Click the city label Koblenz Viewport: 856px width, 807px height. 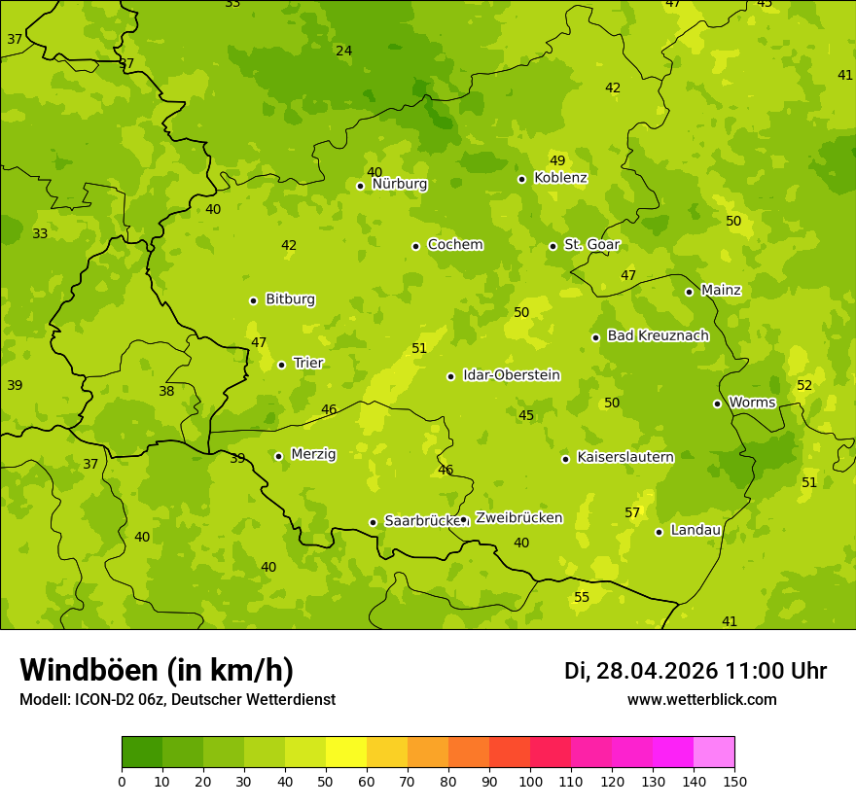(x=560, y=178)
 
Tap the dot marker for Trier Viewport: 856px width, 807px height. (x=282, y=365)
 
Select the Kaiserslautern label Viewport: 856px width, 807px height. (x=625, y=457)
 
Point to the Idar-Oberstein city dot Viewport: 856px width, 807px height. (x=450, y=376)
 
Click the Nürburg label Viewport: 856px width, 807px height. (x=399, y=184)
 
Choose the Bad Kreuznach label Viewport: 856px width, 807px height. (x=658, y=335)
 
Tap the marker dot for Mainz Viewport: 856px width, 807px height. (x=689, y=292)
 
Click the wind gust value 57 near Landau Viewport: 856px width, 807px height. (x=632, y=512)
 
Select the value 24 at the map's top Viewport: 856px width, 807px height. (x=344, y=51)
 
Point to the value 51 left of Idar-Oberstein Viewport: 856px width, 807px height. (x=419, y=348)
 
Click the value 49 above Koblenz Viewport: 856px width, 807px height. (x=557, y=160)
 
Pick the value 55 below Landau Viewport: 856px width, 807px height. (x=582, y=597)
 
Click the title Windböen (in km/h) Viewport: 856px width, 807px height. (x=157, y=670)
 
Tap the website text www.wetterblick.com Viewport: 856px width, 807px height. (x=701, y=700)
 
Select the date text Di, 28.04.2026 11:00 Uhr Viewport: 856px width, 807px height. (x=695, y=671)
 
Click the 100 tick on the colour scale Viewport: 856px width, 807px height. (x=530, y=781)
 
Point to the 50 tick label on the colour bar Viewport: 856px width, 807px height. (x=326, y=781)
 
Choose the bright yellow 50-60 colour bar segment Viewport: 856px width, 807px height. (x=346, y=752)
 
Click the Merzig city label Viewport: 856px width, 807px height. (x=313, y=454)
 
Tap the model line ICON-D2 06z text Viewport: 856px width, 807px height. (x=177, y=700)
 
